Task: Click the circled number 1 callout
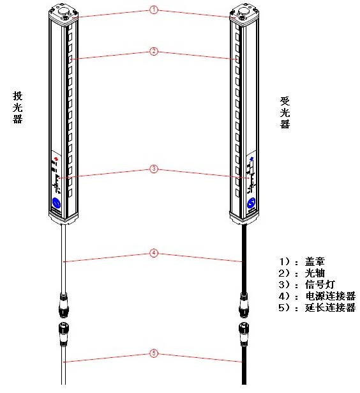[154, 10]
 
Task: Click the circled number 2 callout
[154, 52]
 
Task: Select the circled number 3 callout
[154, 169]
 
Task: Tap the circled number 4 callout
[154, 253]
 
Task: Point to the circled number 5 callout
[154, 353]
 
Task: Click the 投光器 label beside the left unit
[17, 107]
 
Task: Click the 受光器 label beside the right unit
[285, 112]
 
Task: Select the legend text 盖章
[315, 261]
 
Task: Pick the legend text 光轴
[315, 273]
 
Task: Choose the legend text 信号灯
[320, 284]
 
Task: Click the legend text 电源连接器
[330, 296]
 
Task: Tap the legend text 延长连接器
[330, 307]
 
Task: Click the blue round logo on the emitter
[56, 203]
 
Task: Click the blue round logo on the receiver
[251, 203]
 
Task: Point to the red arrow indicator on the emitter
[56, 158]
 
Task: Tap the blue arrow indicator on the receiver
[251, 158]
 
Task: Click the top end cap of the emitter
[64, 15]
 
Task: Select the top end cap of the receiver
[244, 15]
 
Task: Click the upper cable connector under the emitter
[64, 305]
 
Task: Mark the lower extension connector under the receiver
[244, 334]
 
